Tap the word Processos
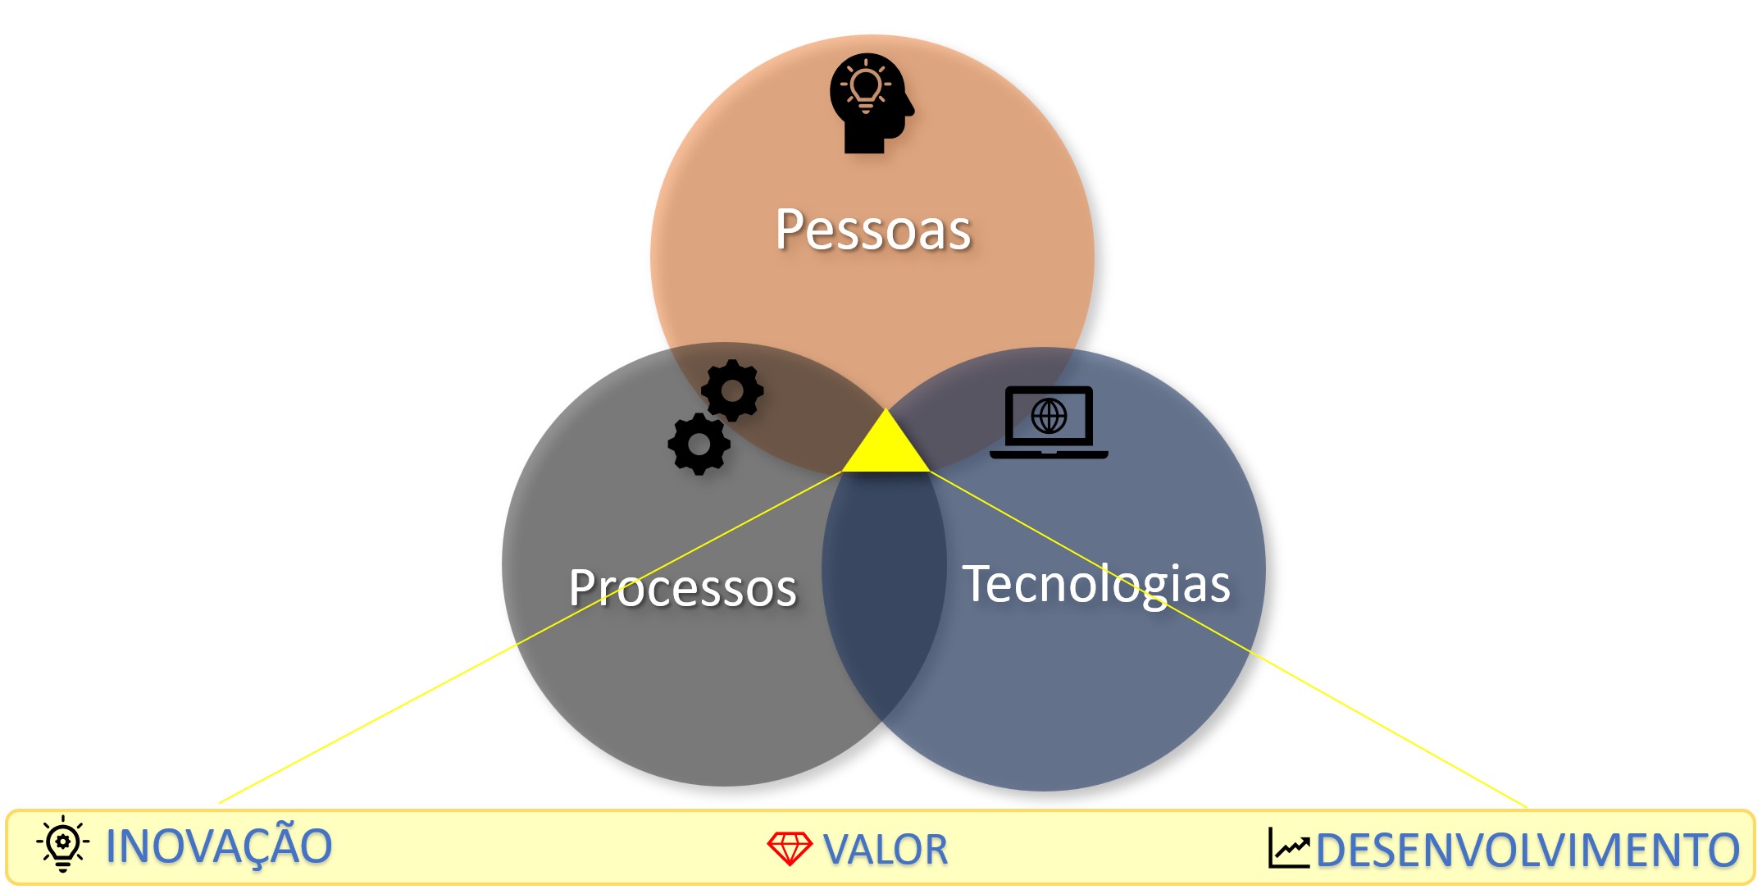pyautogui.click(x=682, y=587)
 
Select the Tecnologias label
pyautogui.click(x=1096, y=585)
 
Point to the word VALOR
pyautogui.click(x=886, y=850)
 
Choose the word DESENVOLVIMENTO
pyautogui.click(x=1528, y=850)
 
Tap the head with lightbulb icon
pyautogui.click(x=871, y=103)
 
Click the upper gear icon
pyautogui.click(x=732, y=390)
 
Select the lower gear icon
pyautogui.click(x=699, y=444)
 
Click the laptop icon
pyautogui.click(x=1049, y=422)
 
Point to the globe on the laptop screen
pyautogui.click(x=1049, y=416)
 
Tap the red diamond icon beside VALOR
pyautogui.click(x=789, y=848)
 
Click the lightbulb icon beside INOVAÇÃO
pyautogui.click(x=63, y=843)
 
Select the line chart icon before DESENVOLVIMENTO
pyautogui.click(x=1289, y=848)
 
